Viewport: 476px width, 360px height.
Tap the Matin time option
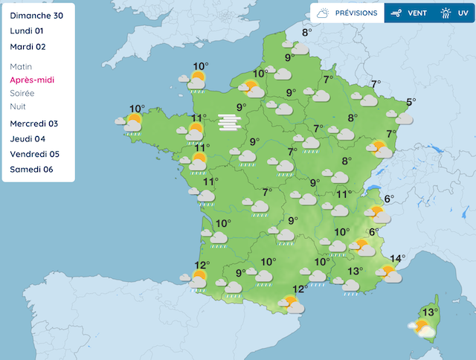tap(22, 66)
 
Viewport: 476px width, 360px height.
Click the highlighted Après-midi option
tap(32, 80)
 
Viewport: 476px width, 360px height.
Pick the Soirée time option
tap(23, 93)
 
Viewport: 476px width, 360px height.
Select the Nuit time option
tap(18, 106)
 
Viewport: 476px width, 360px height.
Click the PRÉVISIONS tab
tap(347, 13)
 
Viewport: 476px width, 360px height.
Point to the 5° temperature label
tap(411, 102)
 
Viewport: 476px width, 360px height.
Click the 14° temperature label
tap(397, 259)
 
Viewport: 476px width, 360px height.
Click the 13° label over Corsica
tap(429, 312)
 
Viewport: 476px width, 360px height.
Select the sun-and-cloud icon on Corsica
tap(421, 328)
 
